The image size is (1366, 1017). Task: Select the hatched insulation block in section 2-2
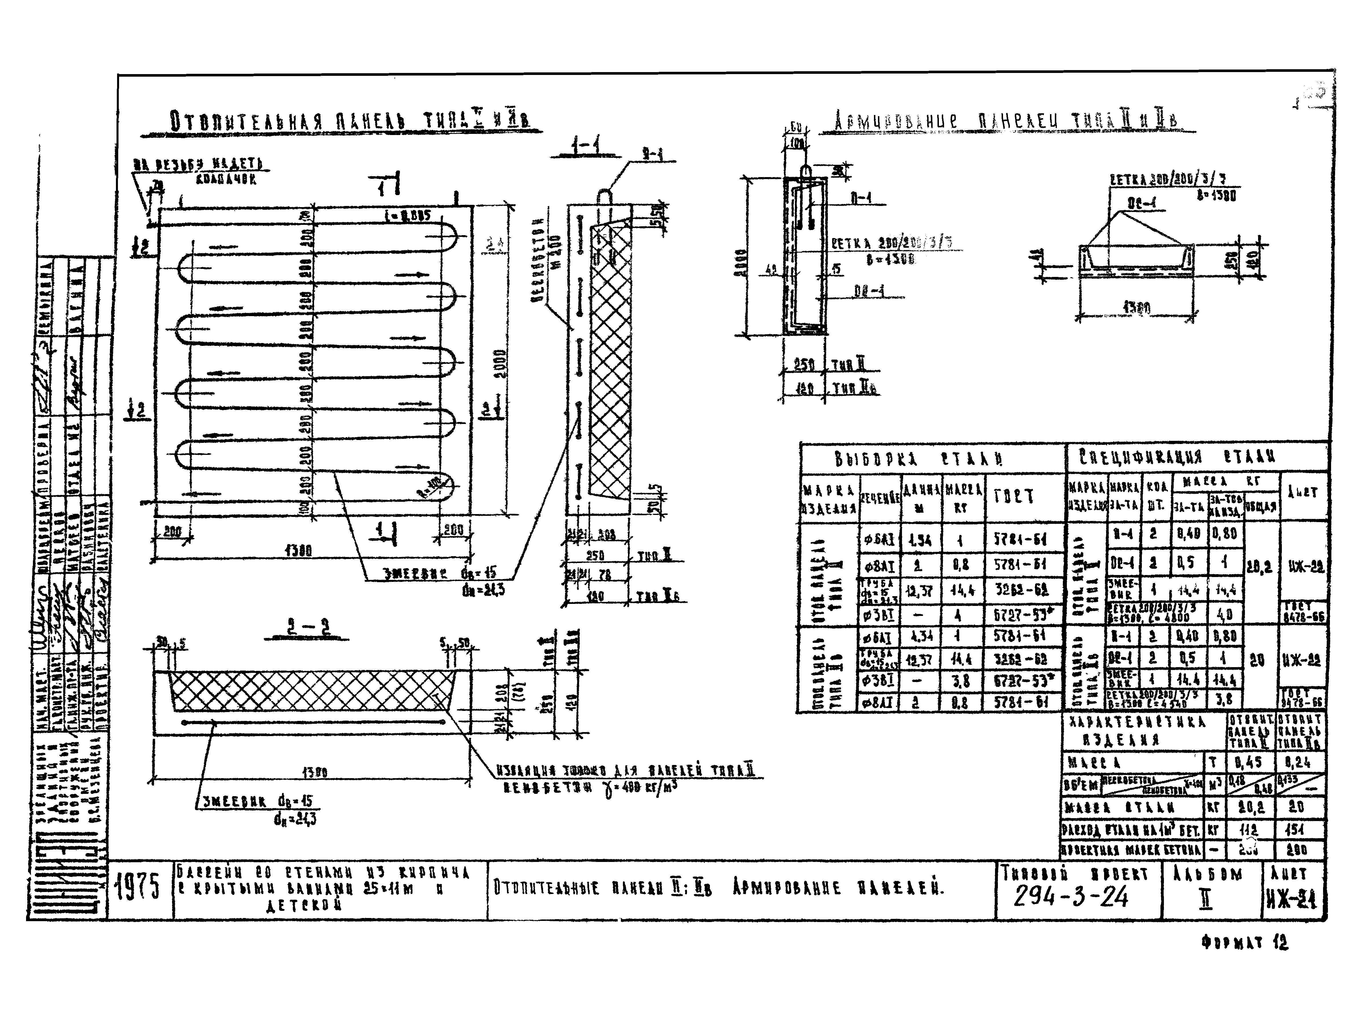click(x=311, y=691)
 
